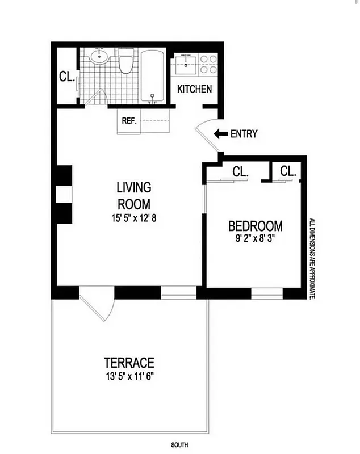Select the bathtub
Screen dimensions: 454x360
(x=152, y=76)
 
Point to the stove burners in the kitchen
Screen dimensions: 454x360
(x=206, y=61)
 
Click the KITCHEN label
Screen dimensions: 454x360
(x=195, y=89)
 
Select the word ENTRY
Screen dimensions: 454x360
(x=244, y=134)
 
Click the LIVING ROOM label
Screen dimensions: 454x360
(x=134, y=195)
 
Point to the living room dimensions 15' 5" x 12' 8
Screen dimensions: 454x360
(x=134, y=217)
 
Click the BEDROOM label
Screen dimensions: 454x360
(x=255, y=226)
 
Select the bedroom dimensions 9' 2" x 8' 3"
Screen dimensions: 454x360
(x=255, y=239)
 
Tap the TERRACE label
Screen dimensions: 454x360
(x=129, y=362)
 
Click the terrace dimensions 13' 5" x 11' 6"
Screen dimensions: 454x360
(x=129, y=375)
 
